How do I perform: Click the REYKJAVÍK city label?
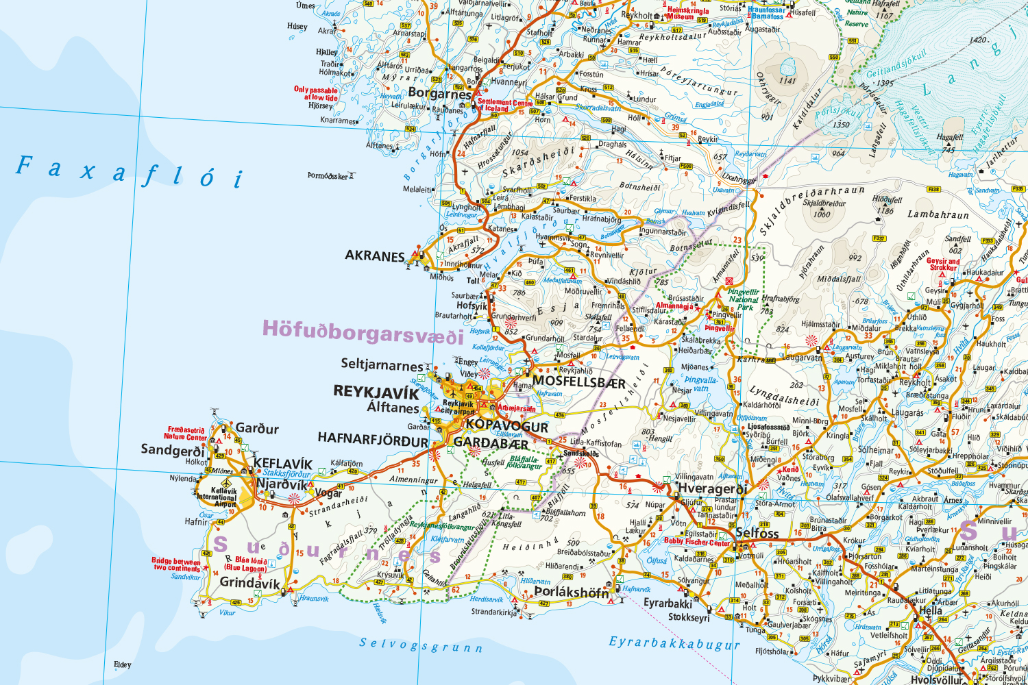click(376, 392)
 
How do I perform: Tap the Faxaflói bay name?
click(130, 171)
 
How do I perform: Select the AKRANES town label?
click(375, 256)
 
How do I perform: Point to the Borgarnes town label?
click(439, 92)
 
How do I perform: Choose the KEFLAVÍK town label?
click(282, 464)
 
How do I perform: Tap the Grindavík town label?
click(249, 583)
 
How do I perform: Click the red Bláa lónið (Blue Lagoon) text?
click(245, 564)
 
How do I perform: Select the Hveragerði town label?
click(712, 488)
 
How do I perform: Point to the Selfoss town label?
click(757, 532)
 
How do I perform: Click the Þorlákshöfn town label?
click(570, 591)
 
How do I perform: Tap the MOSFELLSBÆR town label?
click(578, 382)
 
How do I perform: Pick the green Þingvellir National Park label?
click(744, 299)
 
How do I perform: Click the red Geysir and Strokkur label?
click(943, 264)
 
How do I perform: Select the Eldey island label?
click(122, 664)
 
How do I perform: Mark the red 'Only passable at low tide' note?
click(316, 94)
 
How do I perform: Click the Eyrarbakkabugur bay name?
click(674, 643)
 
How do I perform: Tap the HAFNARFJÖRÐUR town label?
click(373, 439)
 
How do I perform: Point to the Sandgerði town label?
click(172, 450)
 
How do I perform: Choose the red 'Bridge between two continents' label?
click(176, 564)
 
